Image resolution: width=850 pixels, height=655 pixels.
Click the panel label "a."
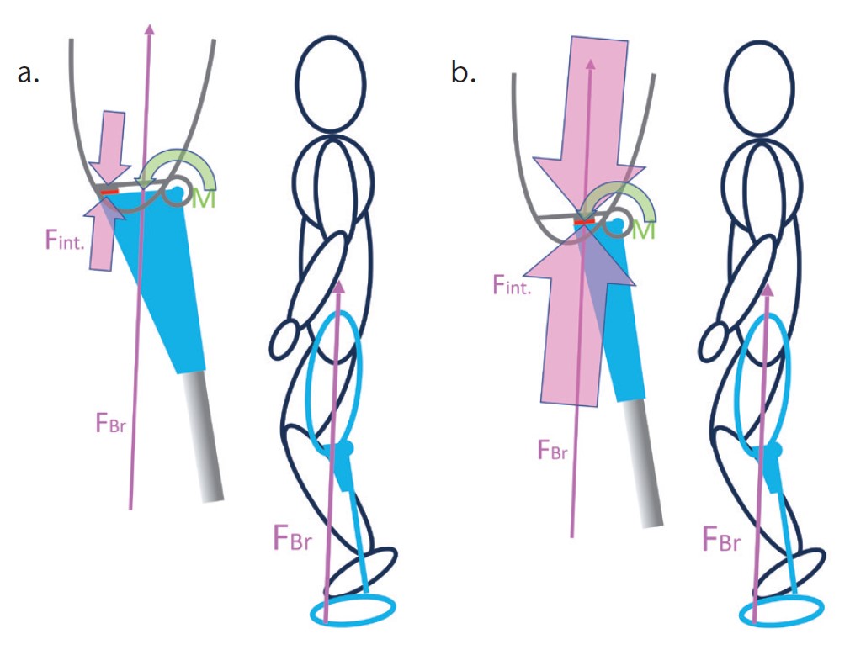(29, 73)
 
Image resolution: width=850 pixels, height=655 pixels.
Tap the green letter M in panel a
(201, 200)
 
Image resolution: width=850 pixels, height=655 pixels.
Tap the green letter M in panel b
(643, 230)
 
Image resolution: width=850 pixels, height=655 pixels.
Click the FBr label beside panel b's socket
(553, 450)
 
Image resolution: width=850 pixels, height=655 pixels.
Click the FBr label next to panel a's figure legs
(292, 537)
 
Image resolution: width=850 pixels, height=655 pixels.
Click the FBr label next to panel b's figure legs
(721, 538)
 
